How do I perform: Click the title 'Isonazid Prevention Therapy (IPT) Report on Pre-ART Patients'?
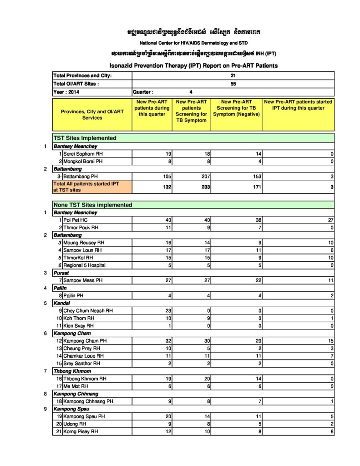click(193, 66)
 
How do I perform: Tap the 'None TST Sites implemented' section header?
click(93, 205)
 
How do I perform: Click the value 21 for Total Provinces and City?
click(233, 76)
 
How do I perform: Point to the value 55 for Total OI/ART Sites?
click(233, 84)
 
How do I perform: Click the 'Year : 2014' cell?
click(66, 91)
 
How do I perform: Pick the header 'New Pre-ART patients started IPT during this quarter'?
click(298, 105)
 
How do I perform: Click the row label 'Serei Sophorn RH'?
click(83, 154)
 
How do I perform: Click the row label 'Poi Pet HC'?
click(75, 220)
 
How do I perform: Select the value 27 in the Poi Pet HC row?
click(330, 220)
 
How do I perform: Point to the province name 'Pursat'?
click(61, 273)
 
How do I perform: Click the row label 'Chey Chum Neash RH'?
click(88, 311)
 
